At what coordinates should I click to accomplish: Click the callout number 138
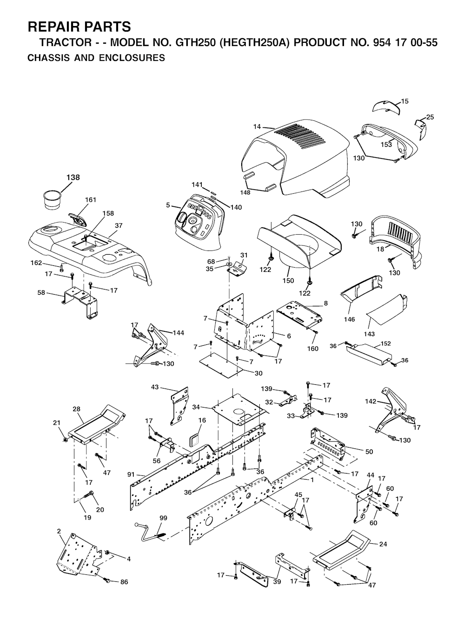[73, 178]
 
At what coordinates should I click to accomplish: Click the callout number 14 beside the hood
[257, 127]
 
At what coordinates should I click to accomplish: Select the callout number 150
[288, 281]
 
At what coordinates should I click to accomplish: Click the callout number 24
[383, 544]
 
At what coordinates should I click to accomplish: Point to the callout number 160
[312, 349]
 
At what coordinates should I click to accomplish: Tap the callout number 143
[370, 334]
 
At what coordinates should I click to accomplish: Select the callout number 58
[41, 292]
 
